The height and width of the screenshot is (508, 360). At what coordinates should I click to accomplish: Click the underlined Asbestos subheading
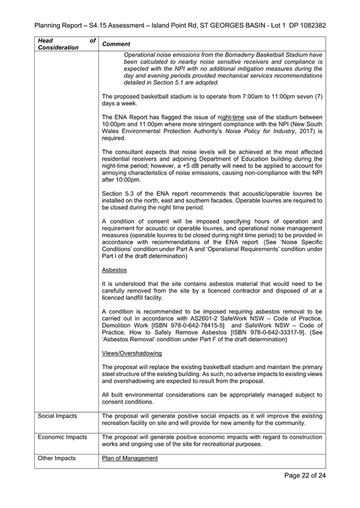[114, 270]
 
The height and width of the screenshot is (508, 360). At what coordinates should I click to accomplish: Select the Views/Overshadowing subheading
[132, 353]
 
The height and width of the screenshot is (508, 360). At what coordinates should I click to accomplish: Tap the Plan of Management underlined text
[130, 458]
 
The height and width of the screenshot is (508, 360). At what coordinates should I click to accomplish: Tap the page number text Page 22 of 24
[305, 476]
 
